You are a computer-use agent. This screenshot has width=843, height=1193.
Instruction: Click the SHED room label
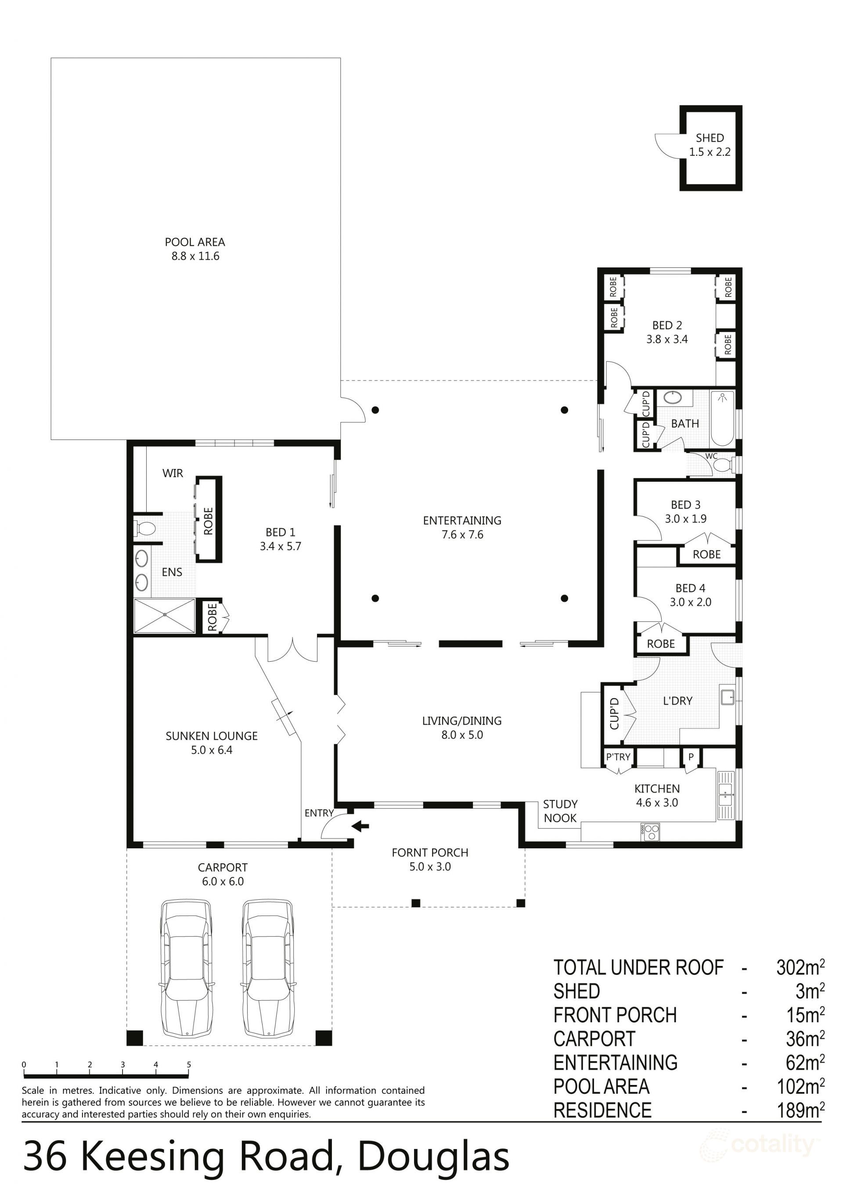[x=710, y=138]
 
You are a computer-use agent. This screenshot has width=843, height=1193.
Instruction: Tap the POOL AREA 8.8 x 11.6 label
[x=195, y=249]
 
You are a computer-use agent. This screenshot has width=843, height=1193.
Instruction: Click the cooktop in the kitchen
[x=650, y=832]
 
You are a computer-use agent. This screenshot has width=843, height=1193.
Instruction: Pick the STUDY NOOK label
[x=560, y=811]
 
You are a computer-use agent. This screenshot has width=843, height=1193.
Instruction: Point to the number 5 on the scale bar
[x=189, y=1065]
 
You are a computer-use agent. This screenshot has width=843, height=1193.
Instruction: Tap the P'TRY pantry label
[x=618, y=757]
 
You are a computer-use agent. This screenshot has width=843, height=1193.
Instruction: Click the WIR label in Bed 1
[x=173, y=473]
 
